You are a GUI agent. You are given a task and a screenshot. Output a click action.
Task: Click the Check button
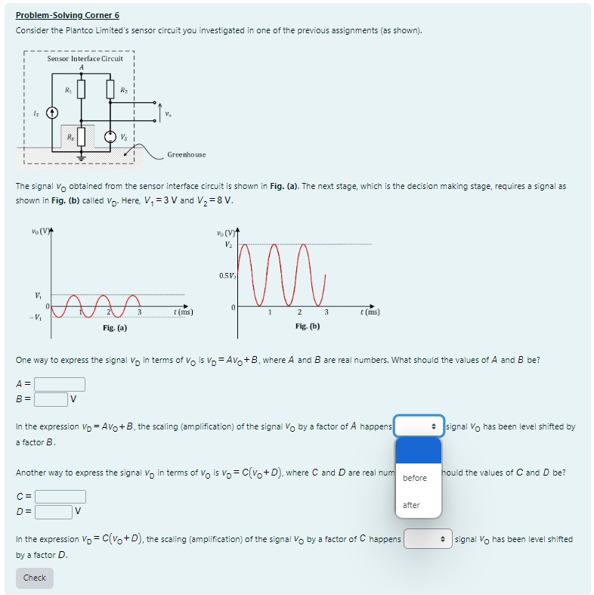(x=35, y=578)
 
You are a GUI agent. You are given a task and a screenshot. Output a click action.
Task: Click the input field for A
(x=59, y=385)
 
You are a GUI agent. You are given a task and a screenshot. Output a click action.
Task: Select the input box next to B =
(x=51, y=399)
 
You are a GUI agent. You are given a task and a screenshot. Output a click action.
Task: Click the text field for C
(x=60, y=497)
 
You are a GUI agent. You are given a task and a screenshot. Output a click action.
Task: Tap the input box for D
(x=52, y=511)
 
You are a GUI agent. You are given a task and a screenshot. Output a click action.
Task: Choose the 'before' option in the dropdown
(x=415, y=478)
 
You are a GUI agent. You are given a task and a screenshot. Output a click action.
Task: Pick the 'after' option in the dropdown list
(x=412, y=505)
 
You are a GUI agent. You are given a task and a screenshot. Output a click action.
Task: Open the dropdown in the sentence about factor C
(x=428, y=539)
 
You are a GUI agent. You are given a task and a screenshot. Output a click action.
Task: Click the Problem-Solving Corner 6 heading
(x=67, y=15)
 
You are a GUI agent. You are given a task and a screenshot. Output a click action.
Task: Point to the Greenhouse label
(x=186, y=154)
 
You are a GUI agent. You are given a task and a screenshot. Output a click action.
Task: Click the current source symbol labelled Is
(x=52, y=113)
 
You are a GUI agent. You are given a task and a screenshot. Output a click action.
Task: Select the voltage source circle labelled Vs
(x=110, y=138)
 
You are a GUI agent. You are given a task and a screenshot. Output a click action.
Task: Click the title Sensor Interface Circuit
(x=85, y=58)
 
